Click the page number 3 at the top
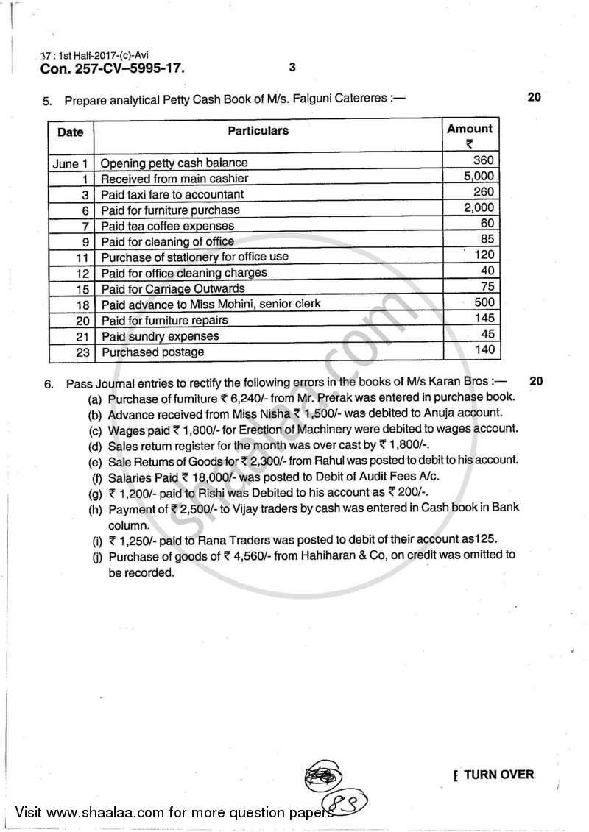(292, 68)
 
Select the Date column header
(71, 132)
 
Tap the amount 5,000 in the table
(479, 177)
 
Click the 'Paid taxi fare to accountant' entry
(172, 194)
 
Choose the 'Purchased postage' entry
(152, 352)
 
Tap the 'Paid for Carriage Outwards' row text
(172, 288)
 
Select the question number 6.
(48, 383)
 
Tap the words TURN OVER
(499, 774)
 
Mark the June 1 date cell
(71, 163)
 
